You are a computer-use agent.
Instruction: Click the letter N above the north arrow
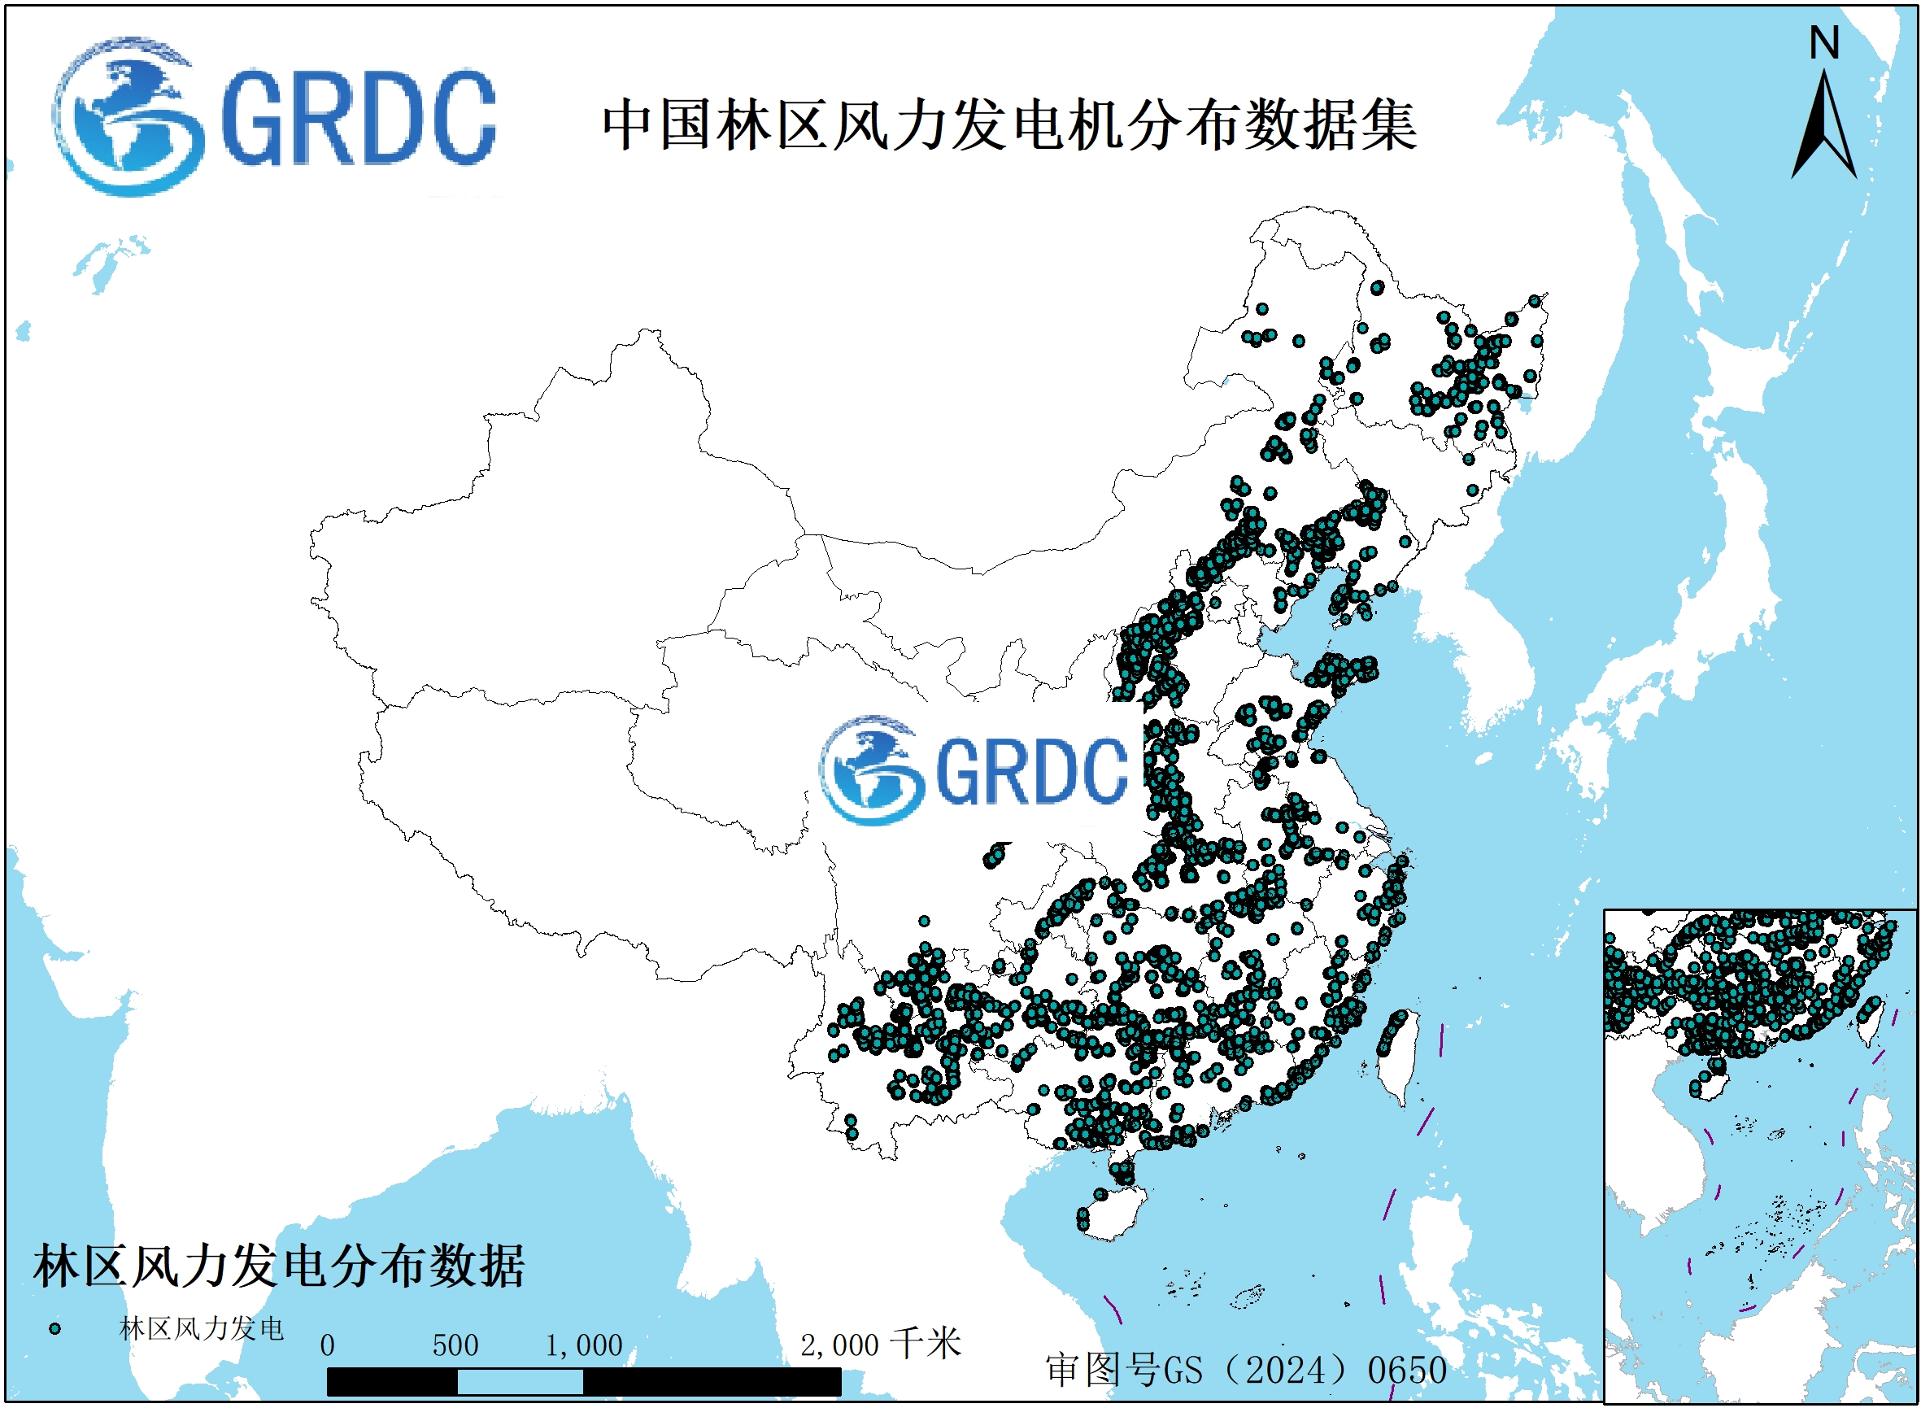coord(1824,42)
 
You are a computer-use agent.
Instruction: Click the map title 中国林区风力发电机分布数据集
coord(1009,126)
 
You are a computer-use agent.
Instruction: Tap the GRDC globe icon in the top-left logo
coord(128,116)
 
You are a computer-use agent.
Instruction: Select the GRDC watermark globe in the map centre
coord(871,770)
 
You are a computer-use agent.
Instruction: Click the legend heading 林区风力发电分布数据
coord(278,1266)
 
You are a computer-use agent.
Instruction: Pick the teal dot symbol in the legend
coord(55,1329)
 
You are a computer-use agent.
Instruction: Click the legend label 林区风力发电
coord(201,1329)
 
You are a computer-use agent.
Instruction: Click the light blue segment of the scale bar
coord(520,1382)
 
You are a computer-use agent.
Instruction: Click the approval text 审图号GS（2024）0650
coord(1246,1371)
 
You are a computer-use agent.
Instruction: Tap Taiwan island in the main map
coord(1398,1057)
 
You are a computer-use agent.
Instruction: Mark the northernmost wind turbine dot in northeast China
coord(1377,288)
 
